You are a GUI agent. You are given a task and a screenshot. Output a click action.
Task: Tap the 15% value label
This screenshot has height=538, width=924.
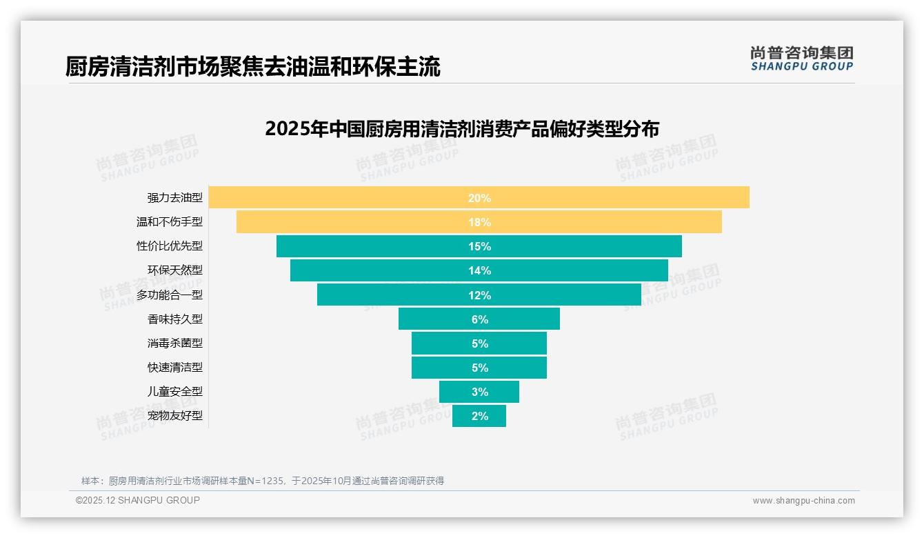tap(479, 246)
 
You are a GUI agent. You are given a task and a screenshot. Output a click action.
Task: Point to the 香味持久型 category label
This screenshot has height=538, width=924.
tap(174, 319)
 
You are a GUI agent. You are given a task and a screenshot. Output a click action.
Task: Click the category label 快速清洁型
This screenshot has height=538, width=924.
tap(174, 368)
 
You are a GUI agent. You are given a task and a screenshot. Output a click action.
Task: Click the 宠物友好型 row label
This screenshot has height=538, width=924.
tap(174, 416)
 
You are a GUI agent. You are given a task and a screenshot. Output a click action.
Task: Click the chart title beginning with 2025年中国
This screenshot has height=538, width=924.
tap(462, 129)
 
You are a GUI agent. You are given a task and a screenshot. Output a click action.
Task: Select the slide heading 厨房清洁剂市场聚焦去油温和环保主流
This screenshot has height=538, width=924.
tap(252, 67)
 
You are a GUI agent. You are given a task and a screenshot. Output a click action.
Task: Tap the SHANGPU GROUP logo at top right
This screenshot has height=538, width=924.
tap(801, 59)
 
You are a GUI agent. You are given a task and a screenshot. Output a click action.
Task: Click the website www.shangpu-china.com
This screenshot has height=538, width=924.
tap(803, 501)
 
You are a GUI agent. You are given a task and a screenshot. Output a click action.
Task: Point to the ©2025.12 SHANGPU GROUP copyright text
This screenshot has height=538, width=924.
tap(137, 500)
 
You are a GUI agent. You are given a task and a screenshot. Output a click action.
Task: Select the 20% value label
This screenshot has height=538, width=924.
tap(479, 198)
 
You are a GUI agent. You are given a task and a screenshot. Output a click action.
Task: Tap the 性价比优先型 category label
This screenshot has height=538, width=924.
tap(170, 246)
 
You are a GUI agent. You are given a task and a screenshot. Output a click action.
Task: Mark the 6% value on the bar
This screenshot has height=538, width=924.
tap(479, 319)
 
